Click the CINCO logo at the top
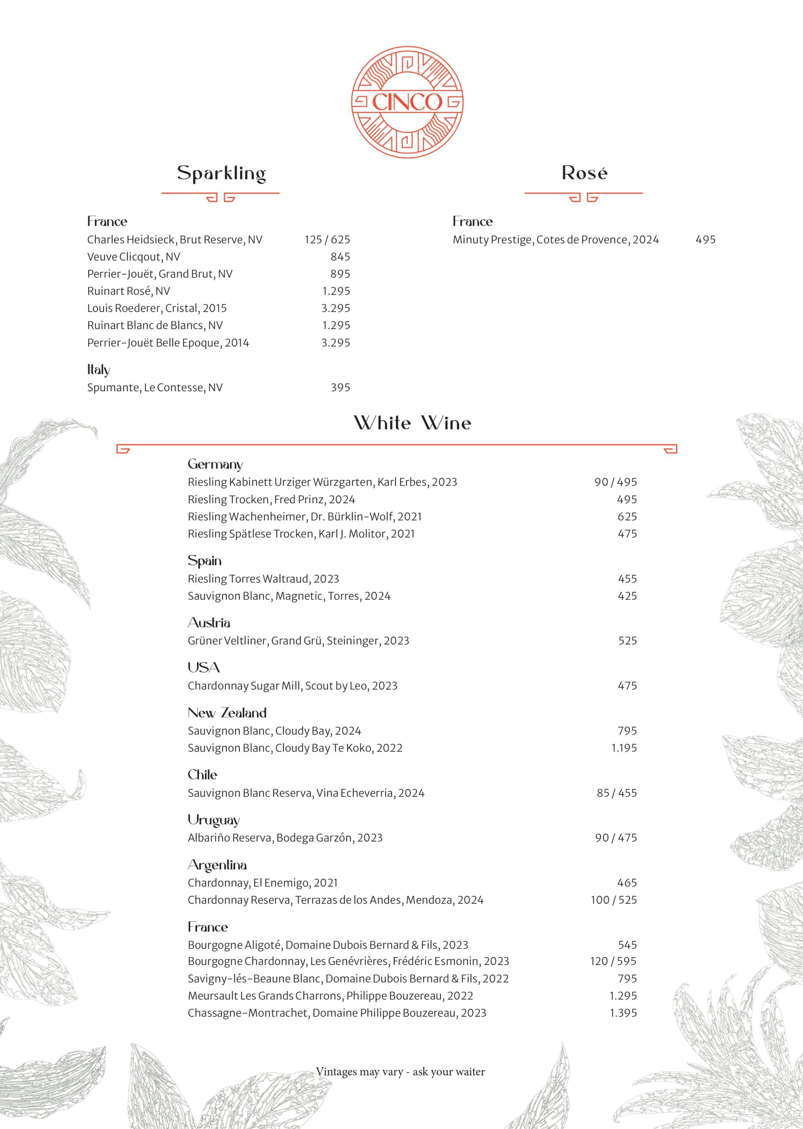[407, 102]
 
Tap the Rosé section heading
[584, 173]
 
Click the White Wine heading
[412, 423]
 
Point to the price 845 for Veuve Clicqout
[340, 257]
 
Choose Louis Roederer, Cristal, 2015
[157, 308]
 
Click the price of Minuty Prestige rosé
[705, 239]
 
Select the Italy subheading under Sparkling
[99, 370]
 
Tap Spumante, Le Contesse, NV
[155, 387]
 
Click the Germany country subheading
[215, 464]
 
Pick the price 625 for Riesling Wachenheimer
[627, 516]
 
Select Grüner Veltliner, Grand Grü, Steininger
[298, 640]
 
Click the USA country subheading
[203, 668]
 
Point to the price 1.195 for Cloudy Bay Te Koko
[624, 748]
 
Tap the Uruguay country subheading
[213, 820]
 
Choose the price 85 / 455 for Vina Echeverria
[616, 793]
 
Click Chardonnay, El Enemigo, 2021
[262, 883]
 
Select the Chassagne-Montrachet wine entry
[337, 1013]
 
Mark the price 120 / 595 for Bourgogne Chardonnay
[613, 961]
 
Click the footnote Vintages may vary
[400, 1072]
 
